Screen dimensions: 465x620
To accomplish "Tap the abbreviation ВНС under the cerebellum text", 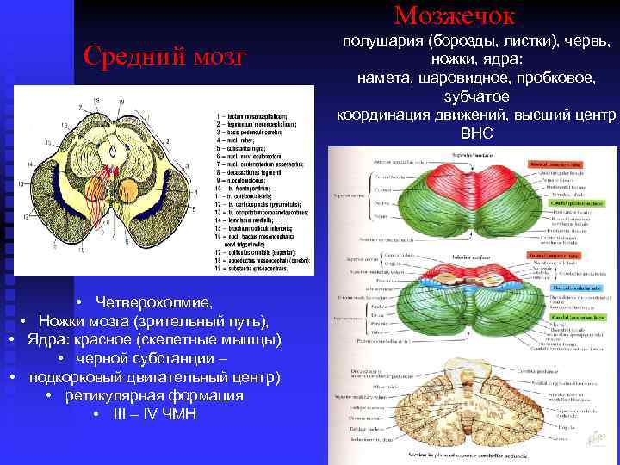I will (x=476, y=134).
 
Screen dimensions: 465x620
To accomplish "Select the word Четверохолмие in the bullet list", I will (x=154, y=302).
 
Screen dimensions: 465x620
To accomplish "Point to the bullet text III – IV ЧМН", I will (x=154, y=414).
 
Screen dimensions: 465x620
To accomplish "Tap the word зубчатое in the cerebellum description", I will (x=476, y=96).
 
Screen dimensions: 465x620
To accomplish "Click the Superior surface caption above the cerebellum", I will (x=466, y=155).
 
